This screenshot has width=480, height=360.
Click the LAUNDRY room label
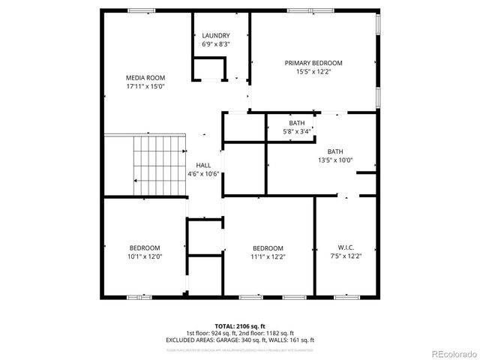216,35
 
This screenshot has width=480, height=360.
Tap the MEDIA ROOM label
145,78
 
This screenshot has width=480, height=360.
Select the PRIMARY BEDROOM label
313,63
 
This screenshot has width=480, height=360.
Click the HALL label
203,165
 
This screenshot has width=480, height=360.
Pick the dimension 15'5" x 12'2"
313,72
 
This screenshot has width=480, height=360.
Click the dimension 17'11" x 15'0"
145,86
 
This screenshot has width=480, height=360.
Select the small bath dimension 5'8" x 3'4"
297,132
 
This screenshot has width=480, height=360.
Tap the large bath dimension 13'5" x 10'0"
335,160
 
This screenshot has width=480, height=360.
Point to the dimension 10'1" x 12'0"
145,256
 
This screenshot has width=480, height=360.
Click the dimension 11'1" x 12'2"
268,256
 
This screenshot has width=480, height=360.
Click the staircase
158,165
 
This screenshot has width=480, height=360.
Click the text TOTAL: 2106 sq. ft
240,326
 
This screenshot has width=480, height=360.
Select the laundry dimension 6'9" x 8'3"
216,44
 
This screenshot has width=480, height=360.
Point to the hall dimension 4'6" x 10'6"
203,174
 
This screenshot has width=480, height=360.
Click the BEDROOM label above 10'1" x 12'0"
145,248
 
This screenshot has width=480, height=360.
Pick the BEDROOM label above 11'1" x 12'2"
268,248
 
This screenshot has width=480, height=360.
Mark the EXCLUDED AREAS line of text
240,340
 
